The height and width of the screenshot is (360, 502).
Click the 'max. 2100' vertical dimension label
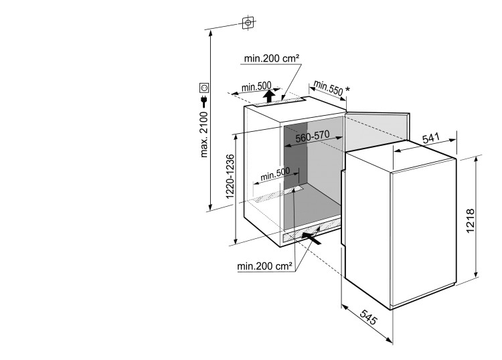pyautogui.click(x=204, y=134)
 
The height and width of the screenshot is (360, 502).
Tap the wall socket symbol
pyautogui.click(x=204, y=88)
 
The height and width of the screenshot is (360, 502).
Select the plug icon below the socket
pyautogui.click(x=203, y=102)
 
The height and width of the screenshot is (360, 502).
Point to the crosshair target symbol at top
pyautogui.click(x=248, y=23)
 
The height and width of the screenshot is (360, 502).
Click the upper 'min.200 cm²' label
pyautogui.click(x=272, y=58)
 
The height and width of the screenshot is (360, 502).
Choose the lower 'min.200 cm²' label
pyautogui.click(x=264, y=266)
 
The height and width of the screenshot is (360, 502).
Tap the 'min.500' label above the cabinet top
pyautogui.click(x=256, y=86)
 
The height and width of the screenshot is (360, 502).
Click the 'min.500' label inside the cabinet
pyautogui.click(x=275, y=173)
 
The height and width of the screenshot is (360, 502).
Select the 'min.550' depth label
pyautogui.click(x=328, y=88)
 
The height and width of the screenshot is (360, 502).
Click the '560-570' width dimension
pyautogui.click(x=312, y=137)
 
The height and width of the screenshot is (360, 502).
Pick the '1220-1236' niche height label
pyautogui.click(x=230, y=177)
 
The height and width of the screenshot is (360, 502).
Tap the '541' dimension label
pyautogui.click(x=430, y=139)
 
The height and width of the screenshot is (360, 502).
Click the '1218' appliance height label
pyautogui.click(x=470, y=221)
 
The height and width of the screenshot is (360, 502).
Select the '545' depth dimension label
pyautogui.click(x=369, y=317)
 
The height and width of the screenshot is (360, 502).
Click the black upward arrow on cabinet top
pyautogui.click(x=268, y=96)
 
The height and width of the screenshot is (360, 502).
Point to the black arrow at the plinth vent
pyautogui.click(x=311, y=238)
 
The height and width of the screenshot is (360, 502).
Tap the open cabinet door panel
pyautogui.click(x=378, y=131)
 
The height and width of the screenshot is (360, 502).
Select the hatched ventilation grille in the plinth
pyautogui.click(x=311, y=232)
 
